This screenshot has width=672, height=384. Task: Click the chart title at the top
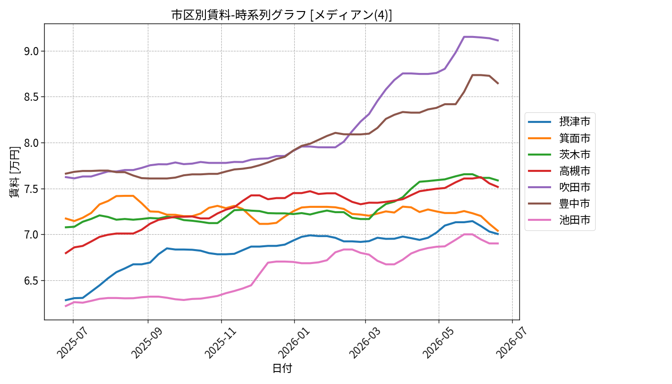coord(281,15)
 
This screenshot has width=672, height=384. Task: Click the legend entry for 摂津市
coord(559,121)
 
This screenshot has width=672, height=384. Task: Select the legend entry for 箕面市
coord(559,138)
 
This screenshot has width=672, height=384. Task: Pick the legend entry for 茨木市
coord(559,155)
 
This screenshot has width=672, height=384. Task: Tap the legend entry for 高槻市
coord(559,171)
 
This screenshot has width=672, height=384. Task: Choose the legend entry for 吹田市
coord(559,187)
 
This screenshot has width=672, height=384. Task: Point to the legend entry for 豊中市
coord(559,204)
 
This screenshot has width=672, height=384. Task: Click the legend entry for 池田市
coord(559,220)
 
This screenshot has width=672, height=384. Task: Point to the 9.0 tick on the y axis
coord(32,51)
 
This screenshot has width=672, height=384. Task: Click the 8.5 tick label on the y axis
coord(32,97)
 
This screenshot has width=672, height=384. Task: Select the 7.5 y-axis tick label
coord(32,189)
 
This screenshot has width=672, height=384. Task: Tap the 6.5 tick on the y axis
coord(32,281)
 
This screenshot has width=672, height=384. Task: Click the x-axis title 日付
coord(282,368)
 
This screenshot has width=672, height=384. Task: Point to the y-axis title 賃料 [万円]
coord(14,172)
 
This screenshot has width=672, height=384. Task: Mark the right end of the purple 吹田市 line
coord(498,40)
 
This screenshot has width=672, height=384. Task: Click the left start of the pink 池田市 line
coord(65,306)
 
